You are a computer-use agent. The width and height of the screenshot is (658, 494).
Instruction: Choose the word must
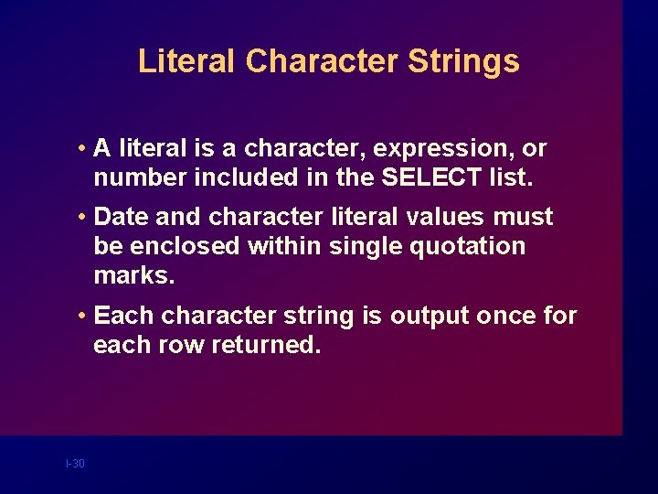click(x=524, y=217)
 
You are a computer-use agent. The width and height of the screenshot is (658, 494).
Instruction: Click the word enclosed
click(x=174, y=246)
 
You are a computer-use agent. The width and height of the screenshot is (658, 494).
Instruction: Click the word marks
click(x=133, y=275)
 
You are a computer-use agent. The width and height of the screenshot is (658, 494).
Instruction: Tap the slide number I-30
click(x=75, y=464)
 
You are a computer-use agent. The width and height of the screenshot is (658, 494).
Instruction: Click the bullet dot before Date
click(x=82, y=217)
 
